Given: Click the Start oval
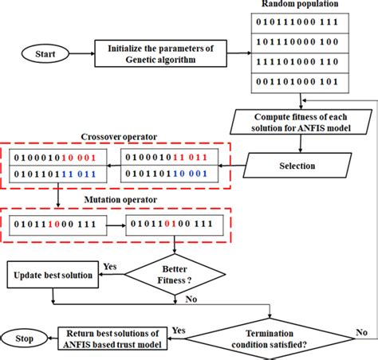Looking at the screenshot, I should [x=34, y=54].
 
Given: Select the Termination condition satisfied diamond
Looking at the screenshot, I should [x=272, y=338].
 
